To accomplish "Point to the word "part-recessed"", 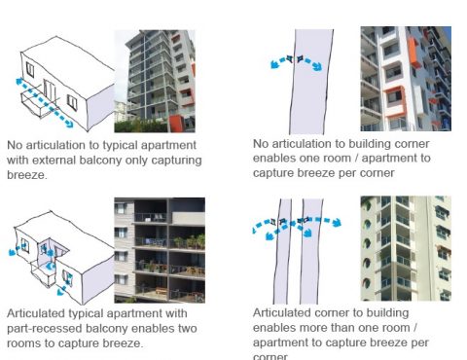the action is pos(37,329).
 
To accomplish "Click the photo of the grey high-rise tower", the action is pos(154,80).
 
